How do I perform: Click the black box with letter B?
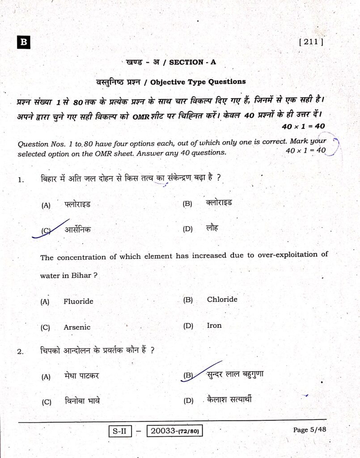(23, 42)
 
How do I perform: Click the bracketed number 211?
(310, 42)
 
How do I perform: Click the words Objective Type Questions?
(198, 82)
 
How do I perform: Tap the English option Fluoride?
(78, 301)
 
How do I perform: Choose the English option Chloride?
(222, 300)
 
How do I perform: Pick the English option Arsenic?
(77, 327)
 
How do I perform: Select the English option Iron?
(214, 326)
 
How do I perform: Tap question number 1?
(21, 180)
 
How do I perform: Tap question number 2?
(20, 352)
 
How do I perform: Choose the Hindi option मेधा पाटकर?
(81, 376)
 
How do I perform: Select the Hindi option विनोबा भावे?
(82, 401)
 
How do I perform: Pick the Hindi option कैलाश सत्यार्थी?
(229, 399)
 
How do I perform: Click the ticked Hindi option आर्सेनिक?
(77, 230)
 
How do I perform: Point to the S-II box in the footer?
(119, 431)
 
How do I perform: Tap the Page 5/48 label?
(309, 430)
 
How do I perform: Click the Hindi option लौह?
(213, 228)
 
